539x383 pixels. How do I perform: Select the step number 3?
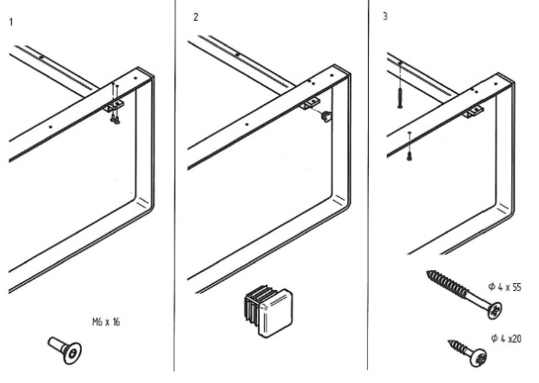click(x=384, y=17)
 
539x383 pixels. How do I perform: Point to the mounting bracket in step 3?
click(x=474, y=112)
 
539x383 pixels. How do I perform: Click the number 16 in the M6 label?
click(x=115, y=322)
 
